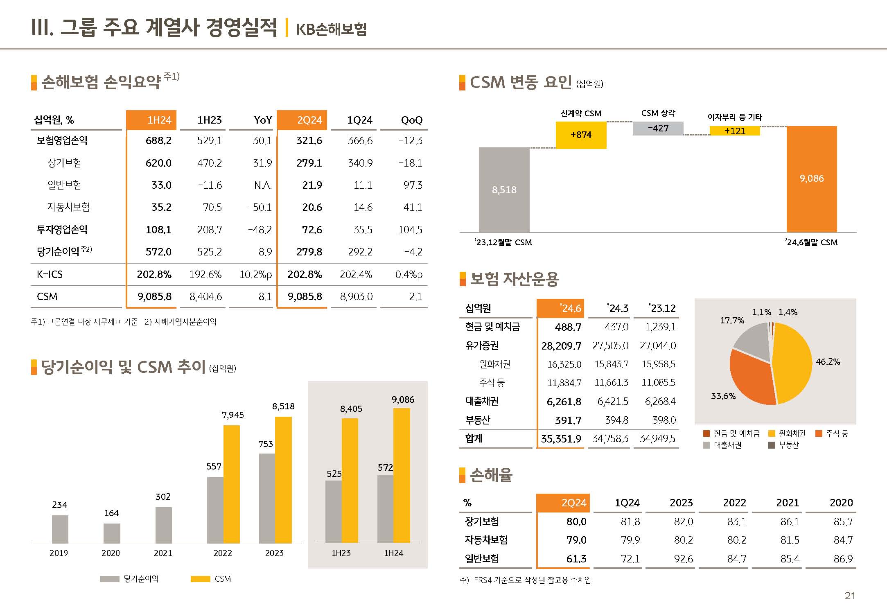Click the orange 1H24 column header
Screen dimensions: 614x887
point(151,120)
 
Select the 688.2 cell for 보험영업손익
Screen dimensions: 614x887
point(158,141)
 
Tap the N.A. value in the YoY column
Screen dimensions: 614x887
point(263,185)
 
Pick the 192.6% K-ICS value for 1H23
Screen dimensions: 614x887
point(205,274)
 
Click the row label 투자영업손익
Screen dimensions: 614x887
point(62,230)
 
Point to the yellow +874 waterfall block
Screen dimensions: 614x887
point(581,135)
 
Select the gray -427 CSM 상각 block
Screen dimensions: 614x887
point(658,129)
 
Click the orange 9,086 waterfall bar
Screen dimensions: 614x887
point(812,179)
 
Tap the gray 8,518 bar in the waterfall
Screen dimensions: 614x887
point(504,190)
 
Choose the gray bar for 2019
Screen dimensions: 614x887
point(60,529)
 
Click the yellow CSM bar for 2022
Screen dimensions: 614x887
point(232,484)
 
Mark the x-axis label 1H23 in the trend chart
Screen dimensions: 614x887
point(341,553)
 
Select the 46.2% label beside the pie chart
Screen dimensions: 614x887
point(828,362)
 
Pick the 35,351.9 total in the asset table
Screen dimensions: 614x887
point(561,439)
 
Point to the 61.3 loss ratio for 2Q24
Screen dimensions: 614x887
point(576,559)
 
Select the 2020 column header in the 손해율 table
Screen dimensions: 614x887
point(841,503)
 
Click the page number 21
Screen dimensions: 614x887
point(850,596)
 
